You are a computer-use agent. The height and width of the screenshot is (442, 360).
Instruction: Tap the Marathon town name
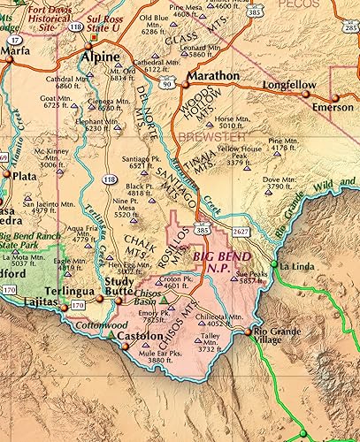[211, 76]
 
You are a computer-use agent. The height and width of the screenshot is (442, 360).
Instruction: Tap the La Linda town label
[300, 265]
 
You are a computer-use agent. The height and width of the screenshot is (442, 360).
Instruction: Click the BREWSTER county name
[210, 137]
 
